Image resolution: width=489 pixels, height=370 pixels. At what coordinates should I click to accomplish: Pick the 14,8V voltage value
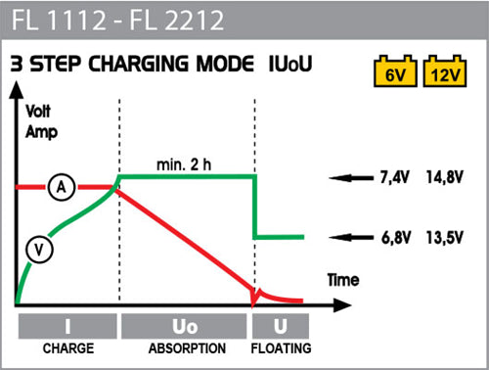coord(445,178)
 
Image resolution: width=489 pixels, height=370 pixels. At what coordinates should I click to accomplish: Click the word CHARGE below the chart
coord(67,348)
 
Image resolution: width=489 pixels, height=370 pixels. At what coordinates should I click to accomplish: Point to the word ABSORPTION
coord(185,348)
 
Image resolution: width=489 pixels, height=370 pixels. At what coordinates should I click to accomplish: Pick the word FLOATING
coord(281,348)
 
